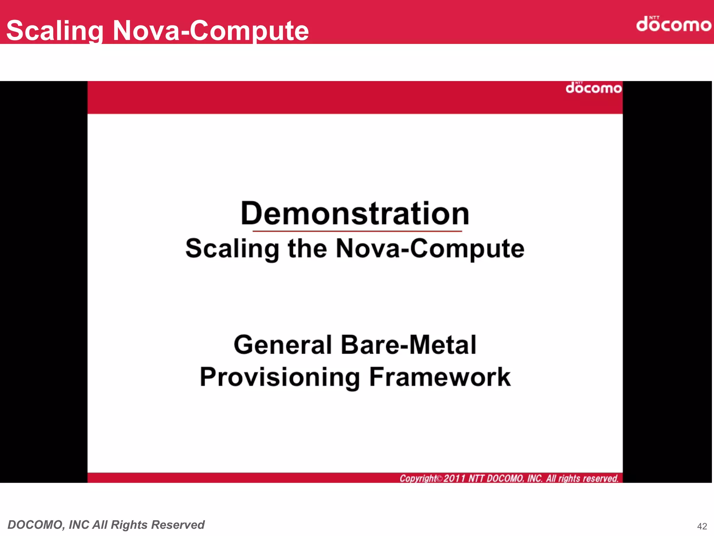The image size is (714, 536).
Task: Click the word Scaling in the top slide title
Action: coord(55,31)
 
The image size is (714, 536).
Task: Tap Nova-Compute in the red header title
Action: coord(211,31)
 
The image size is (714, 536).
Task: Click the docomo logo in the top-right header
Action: coord(673,24)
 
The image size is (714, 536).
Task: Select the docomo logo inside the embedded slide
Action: coord(593,88)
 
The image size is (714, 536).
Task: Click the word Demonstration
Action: coord(355,213)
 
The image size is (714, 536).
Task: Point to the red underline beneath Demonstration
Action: coord(357,231)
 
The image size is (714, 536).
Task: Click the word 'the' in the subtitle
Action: coord(307,248)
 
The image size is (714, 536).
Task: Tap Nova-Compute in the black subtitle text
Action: coord(430,248)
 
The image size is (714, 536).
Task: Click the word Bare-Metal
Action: coord(408,345)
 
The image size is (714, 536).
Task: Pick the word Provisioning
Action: coord(280,377)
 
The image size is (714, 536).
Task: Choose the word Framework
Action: coord(440,377)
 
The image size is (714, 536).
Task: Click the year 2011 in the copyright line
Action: coord(454,478)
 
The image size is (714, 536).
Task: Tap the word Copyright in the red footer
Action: coord(418,478)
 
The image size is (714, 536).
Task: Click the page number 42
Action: coord(702,526)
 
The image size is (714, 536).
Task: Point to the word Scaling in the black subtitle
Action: coord(232,248)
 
